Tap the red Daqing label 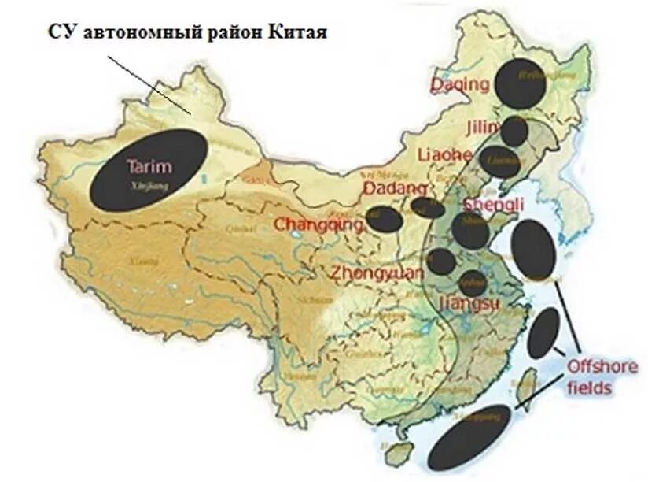[x=460, y=84]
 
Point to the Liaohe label [x=445, y=154]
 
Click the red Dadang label [x=395, y=189]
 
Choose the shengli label [x=495, y=205]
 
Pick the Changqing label [x=318, y=224]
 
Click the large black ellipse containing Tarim [x=149, y=171]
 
